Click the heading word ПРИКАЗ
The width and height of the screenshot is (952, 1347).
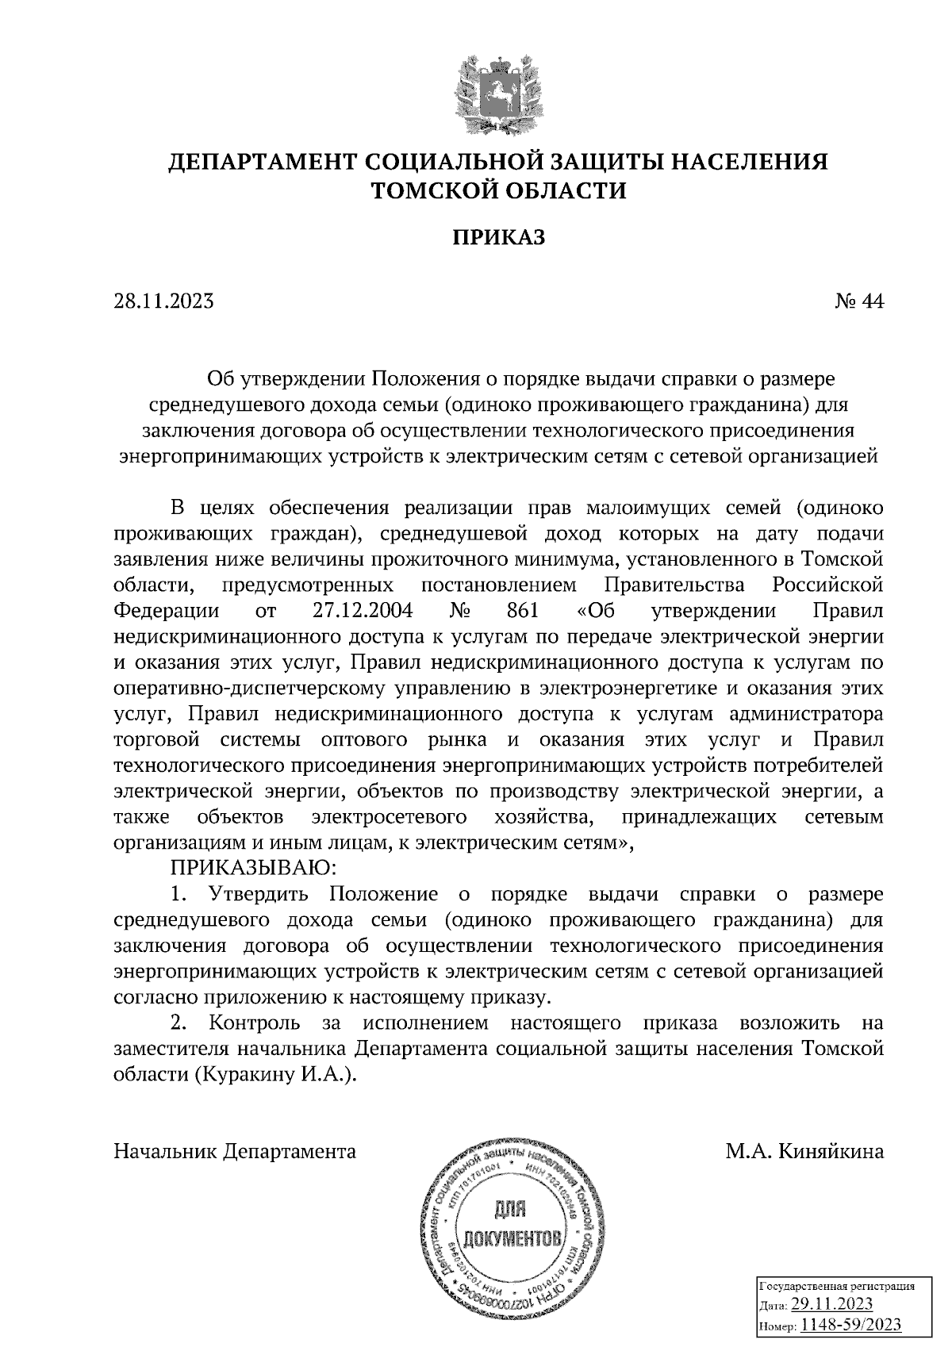pyautogui.click(x=499, y=237)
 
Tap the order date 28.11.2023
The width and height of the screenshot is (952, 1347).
pyautogui.click(x=163, y=301)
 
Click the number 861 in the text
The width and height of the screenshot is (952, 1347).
pyautogui.click(x=521, y=612)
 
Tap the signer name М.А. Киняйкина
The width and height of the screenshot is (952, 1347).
pyautogui.click(x=804, y=1150)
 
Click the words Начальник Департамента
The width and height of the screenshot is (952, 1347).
pyautogui.click(x=235, y=1150)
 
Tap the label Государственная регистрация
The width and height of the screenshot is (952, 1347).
pyautogui.click(x=837, y=1286)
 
